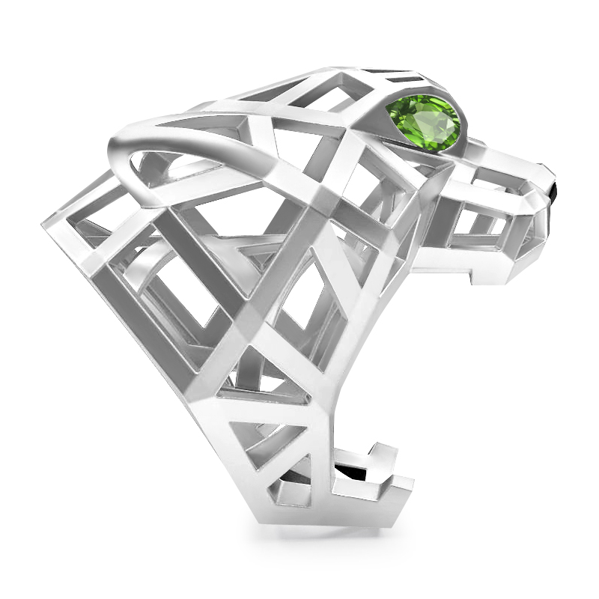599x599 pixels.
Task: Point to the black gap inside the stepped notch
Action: [352, 472]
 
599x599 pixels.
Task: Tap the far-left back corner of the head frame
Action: [46, 222]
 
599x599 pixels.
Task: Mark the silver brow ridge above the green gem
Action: [419, 88]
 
